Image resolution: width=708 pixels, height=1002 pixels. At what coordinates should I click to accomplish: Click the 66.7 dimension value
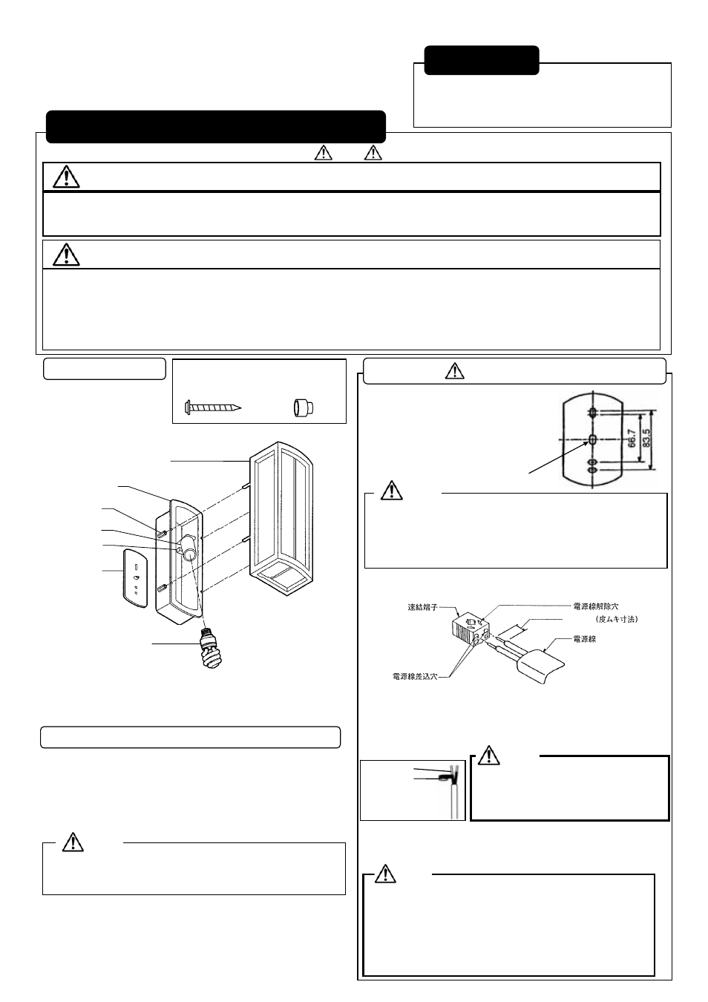[632, 439]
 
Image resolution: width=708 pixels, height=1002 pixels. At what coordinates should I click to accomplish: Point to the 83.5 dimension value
[646, 439]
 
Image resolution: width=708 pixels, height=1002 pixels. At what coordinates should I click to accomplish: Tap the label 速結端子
[423, 607]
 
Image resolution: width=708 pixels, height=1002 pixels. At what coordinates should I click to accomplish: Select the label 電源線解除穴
[596, 606]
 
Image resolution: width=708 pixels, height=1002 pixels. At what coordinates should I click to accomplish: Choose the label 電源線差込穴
[415, 677]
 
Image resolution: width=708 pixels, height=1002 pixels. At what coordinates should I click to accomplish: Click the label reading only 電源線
[585, 639]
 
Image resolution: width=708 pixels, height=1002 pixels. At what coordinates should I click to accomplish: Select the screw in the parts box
[213, 407]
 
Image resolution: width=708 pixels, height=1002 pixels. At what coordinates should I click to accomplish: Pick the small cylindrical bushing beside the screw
[304, 407]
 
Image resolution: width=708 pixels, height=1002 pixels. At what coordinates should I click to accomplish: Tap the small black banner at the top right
[481, 60]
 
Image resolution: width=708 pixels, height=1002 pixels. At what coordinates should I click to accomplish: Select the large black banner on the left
[215, 127]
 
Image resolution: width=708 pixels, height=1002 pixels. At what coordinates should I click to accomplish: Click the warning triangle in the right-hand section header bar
[454, 371]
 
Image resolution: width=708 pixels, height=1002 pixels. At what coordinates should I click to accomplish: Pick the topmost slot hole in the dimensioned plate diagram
[593, 413]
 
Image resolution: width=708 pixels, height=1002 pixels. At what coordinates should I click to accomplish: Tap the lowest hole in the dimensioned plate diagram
[593, 471]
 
